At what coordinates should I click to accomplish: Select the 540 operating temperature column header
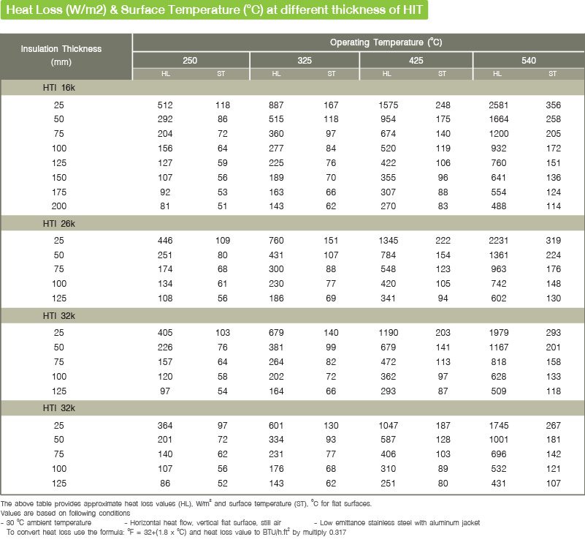pyautogui.click(x=528, y=61)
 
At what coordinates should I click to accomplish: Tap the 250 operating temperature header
pyautogui.click(x=190, y=61)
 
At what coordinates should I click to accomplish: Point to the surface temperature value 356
pyautogui.click(x=553, y=105)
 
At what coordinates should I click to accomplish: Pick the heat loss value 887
pyautogui.click(x=276, y=105)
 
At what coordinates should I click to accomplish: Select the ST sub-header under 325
pyautogui.click(x=331, y=74)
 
